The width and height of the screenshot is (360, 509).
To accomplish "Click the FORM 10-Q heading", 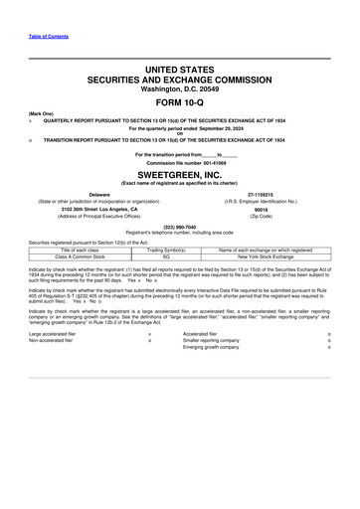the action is (x=179, y=101).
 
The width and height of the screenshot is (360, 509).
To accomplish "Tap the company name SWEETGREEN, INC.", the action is (x=179, y=173).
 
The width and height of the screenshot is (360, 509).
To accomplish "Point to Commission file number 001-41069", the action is (x=179, y=162).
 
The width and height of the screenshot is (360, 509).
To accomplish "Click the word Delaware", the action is (x=99, y=195).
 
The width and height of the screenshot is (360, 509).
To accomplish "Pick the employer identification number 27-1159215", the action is (x=262, y=195).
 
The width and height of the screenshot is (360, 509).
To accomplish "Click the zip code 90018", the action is (x=262, y=210).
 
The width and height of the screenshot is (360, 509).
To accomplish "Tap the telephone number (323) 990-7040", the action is (x=179, y=226).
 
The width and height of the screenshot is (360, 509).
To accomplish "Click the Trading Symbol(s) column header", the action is (x=167, y=249).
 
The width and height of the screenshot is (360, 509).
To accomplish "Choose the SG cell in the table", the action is (x=167, y=255).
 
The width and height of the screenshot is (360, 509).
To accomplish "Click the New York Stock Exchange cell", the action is (x=261, y=255).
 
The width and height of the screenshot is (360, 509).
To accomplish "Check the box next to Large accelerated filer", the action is (x=149, y=334).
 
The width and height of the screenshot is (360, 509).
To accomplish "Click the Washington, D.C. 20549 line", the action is (x=179, y=88).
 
